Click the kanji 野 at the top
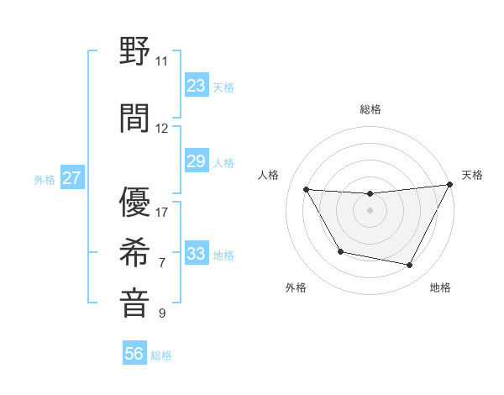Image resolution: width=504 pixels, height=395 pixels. [x=135, y=52]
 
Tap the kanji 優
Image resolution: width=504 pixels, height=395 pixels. [x=135, y=202]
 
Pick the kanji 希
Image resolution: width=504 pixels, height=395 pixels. [x=135, y=253]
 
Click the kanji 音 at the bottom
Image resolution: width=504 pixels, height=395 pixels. [x=135, y=303]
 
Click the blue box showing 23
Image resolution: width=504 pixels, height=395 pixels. [x=196, y=85]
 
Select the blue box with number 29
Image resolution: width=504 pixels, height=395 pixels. [x=196, y=161]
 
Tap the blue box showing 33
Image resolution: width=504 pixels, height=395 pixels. [x=196, y=254]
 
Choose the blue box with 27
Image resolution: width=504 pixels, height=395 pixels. [x=71, y=178]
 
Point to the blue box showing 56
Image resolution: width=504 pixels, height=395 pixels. [x=134, y=354]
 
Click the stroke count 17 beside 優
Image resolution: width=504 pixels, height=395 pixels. [x=162, y=212]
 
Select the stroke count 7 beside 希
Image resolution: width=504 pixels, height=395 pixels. [x=162, y=263]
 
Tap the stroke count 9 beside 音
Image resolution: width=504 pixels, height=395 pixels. [x=162, y=313]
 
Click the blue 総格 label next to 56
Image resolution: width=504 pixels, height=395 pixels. [x=161, y=355]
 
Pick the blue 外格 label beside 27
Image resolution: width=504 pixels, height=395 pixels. [x=44, y=180]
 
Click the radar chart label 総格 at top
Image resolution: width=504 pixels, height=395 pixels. [x=370, y=109]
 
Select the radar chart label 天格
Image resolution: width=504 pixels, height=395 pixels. [x=472, y=175]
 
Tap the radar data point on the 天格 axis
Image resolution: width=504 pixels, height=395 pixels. [x=449, y=185]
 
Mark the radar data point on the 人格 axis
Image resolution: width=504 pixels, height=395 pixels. [x=307, y=190]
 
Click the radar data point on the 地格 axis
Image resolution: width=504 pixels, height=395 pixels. [x=410, y=266]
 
